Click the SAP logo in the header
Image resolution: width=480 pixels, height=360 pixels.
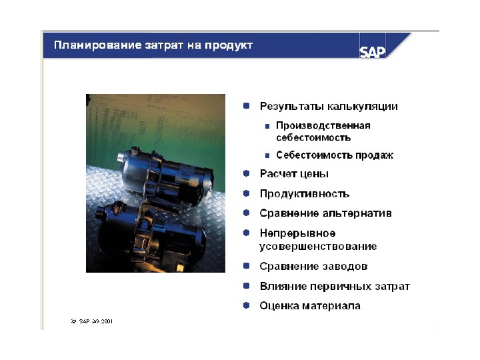[372, 52]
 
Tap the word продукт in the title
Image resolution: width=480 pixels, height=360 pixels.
[229, 45]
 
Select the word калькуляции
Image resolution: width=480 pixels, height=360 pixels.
[363, 107]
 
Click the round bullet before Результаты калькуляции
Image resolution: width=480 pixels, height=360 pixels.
[247, 106]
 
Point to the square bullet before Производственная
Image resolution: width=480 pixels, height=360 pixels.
[267, 126]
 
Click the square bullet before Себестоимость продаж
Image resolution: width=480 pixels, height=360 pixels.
[267, 155]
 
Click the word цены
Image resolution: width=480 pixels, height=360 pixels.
[314, 174]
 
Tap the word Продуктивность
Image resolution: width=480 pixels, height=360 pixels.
[305, 194]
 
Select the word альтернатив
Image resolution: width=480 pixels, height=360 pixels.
[357, 213]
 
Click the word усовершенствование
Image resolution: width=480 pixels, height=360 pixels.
[318, 247]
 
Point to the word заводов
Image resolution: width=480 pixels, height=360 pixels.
[345, 266]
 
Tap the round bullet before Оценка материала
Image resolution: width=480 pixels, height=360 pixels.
[247, 305]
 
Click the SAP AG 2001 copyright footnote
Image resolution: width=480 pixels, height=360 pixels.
[92, 321]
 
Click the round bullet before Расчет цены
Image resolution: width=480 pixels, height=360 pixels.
[247, 173]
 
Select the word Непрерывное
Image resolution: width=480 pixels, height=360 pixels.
[297, 233]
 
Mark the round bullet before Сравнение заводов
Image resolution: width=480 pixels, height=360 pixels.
[247, 266]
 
